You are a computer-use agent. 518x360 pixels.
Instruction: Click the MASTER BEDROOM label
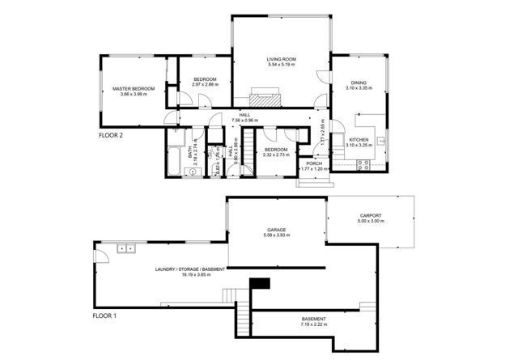tap(134, 89)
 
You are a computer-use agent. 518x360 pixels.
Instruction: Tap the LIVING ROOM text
tap(281, 59)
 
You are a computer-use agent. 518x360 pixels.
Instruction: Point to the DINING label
tap(359, 82)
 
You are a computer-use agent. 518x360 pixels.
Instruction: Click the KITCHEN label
tap(359, 140)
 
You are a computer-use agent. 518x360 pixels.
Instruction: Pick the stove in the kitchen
tap(363, 165)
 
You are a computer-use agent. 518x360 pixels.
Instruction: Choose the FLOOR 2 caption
tap(110, 135)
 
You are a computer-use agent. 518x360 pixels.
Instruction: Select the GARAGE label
tap(278, 229)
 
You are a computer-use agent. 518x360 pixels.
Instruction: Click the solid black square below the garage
tap(259, 282)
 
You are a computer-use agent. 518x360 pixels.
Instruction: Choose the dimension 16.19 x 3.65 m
tap(190, 274)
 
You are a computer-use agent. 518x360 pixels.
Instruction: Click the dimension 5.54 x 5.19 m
tap(281, 65)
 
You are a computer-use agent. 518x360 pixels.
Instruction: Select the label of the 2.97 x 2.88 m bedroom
tap(199, 78)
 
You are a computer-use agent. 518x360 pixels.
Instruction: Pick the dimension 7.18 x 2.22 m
tap(313, 325)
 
